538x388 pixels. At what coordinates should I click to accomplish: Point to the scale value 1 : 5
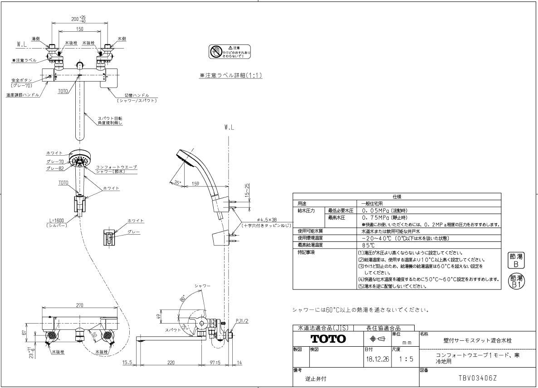[404, 359]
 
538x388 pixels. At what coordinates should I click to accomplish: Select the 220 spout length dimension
[171, 363]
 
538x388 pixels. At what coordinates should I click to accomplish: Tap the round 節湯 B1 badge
[516, 281]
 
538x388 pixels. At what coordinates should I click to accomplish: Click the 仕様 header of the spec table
[396, 197]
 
